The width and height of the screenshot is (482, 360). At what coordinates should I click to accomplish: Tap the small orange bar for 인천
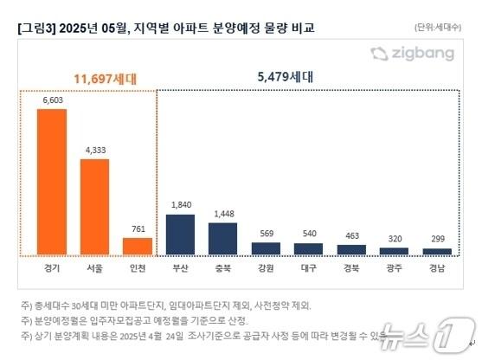coord(137,246)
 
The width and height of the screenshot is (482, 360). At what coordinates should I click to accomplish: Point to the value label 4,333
coord(94,150)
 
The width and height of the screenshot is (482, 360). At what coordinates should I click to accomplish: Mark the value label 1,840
coord(180,205)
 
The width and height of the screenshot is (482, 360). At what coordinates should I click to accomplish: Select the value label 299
coord(437,240)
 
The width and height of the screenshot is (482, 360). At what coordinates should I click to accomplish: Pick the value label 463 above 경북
coord(351,235)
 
